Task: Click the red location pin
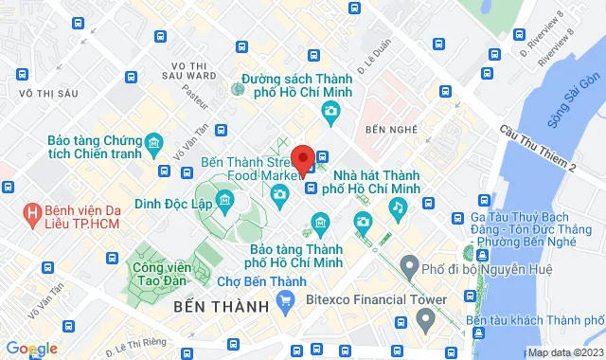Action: point(303,158)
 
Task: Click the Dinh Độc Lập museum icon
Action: point(225,199)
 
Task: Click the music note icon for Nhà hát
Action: point(400,206)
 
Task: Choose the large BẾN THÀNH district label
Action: point(218,309)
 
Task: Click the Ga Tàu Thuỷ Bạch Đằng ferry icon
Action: point(467,253)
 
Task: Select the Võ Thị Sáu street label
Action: point(31,92)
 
